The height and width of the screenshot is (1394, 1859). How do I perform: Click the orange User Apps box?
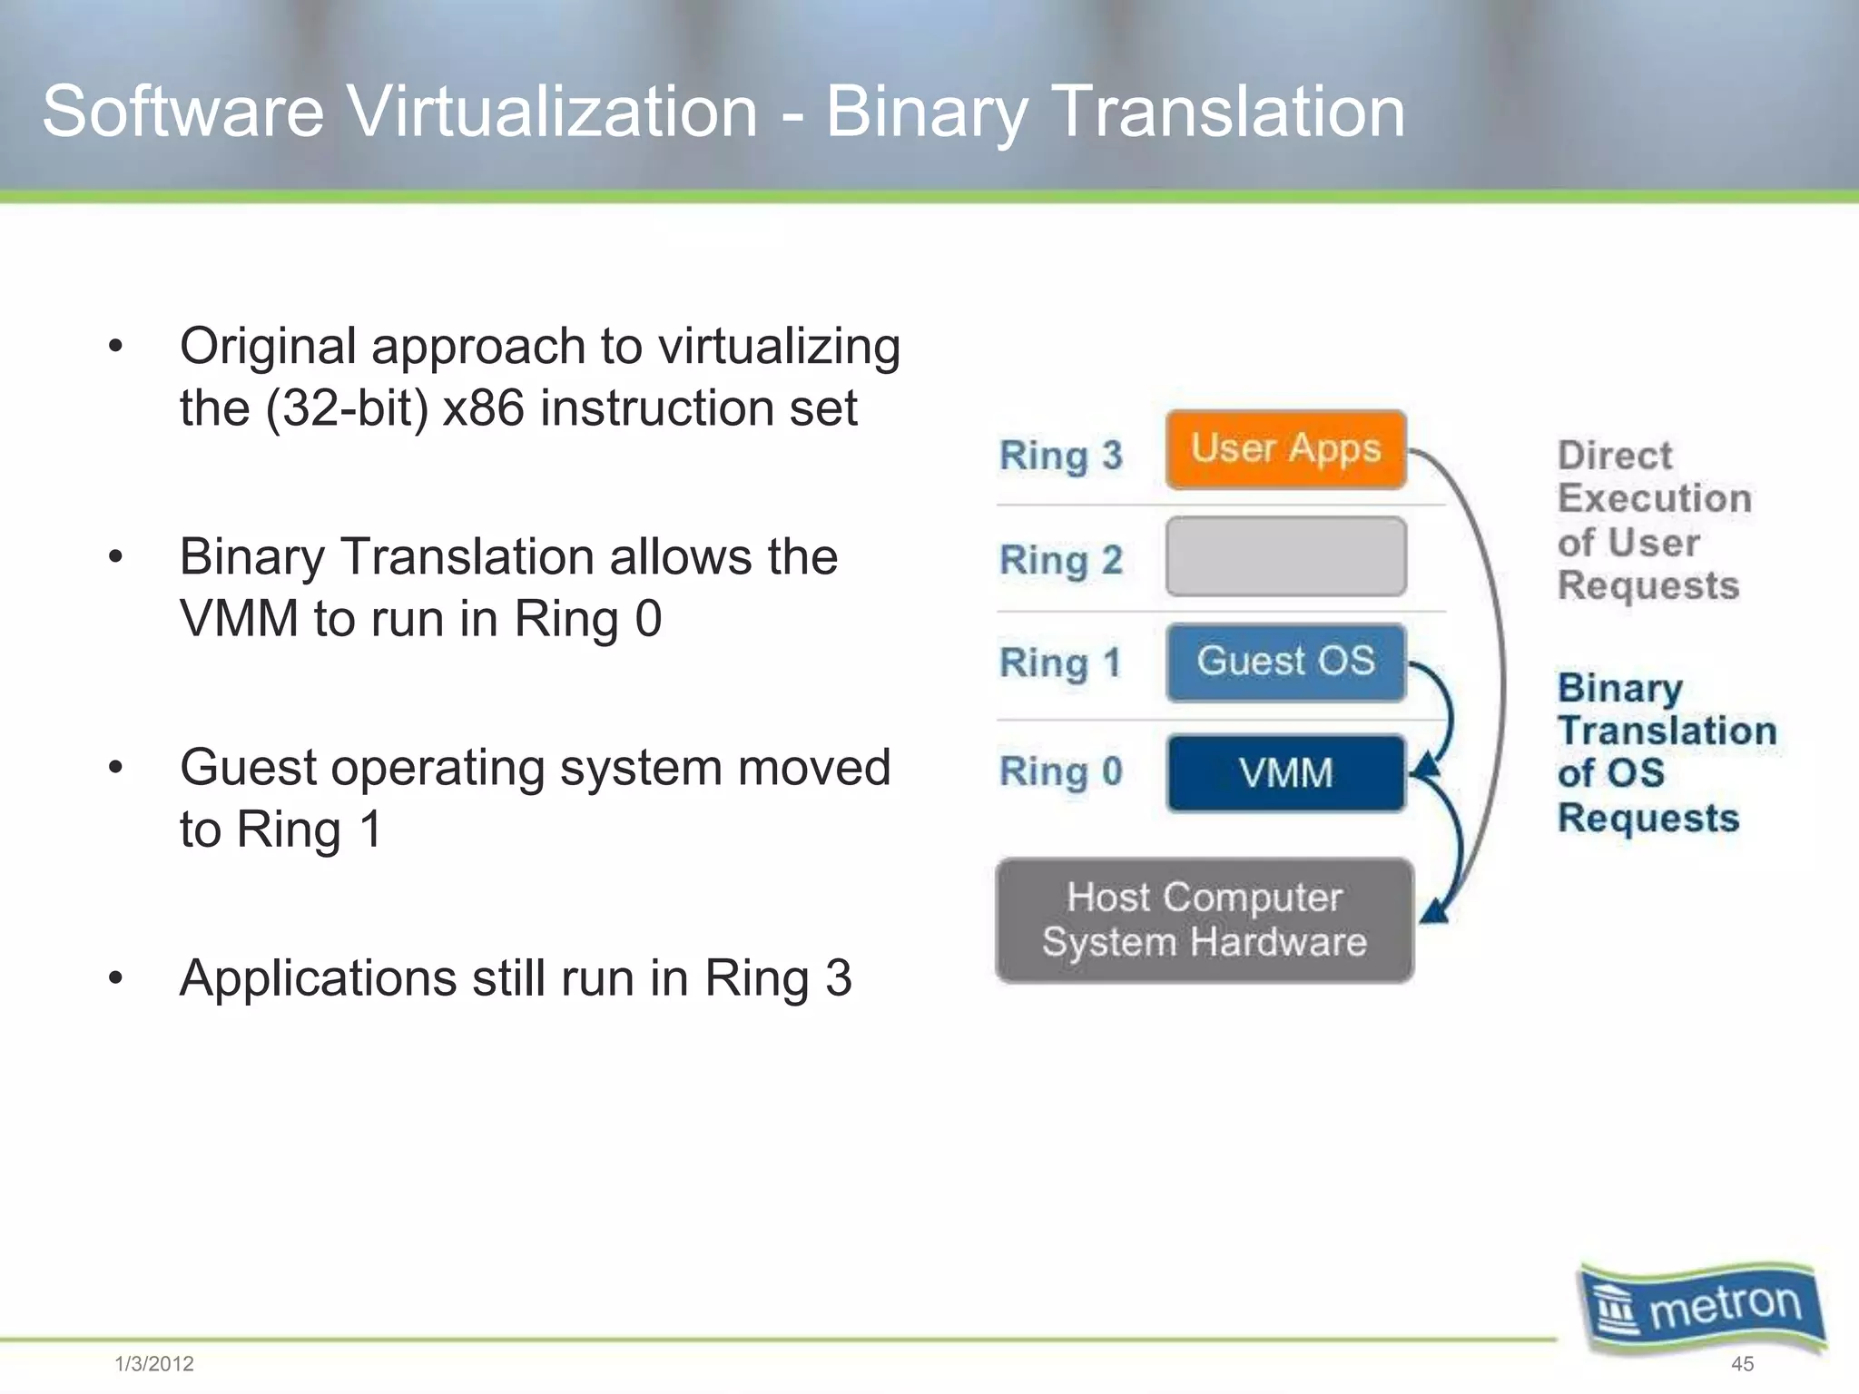1285,449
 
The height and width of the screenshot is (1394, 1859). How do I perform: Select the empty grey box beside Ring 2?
1285,556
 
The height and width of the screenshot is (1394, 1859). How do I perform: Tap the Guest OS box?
1285,662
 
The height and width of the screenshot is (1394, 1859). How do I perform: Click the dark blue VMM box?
1285,773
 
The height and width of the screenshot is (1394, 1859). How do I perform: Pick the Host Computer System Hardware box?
1204,919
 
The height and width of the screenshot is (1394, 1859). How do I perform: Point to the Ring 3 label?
1060,455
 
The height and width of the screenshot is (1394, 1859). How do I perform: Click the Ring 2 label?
1060,560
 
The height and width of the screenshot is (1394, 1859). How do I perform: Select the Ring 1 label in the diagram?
1060,663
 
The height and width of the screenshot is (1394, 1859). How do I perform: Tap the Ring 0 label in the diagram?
1060,771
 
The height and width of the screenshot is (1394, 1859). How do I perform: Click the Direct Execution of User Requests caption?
1652,520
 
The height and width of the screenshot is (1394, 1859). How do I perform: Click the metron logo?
1703,1308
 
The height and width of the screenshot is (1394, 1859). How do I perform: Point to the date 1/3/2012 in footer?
154,1363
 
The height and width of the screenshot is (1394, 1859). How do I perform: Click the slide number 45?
1742,1363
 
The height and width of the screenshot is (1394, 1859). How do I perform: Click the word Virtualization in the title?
552,112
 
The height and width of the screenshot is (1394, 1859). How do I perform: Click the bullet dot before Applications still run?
115,978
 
